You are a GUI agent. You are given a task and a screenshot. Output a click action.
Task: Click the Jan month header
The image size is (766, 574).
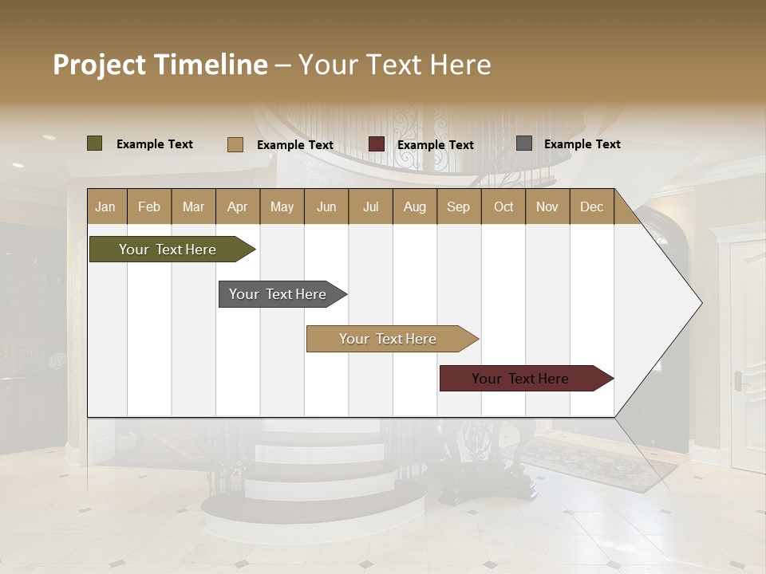click(105, 206)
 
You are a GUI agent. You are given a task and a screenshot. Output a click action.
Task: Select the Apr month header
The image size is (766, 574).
click(237, 206)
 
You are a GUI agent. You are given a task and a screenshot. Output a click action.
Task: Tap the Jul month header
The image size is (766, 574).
click(370, 206)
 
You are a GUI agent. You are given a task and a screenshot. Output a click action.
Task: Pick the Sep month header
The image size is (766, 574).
click(458, 206)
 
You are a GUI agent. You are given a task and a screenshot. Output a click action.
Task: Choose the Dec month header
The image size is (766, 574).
click(591, 206)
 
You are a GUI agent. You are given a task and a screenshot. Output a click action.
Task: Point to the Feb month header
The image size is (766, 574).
click(149, 206)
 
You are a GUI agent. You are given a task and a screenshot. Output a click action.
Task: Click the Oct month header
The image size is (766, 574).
click(503, 206)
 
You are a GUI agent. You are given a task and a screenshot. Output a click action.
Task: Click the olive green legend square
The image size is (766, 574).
click(95, 143)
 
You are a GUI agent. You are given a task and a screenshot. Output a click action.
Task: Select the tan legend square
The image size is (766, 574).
click(235, 144)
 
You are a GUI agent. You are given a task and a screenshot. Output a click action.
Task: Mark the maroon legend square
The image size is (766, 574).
click(377, 144)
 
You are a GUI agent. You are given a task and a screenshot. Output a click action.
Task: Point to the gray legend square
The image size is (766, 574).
click(524, 143)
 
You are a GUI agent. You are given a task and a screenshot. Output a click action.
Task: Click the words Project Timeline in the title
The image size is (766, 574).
click(160, 65)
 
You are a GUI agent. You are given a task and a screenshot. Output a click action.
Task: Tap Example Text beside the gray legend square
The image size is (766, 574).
click(582, 144)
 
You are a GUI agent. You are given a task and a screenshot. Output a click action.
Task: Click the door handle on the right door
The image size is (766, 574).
click(739, 381)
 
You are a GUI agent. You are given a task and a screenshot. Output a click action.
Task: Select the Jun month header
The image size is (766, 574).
click(326, 206)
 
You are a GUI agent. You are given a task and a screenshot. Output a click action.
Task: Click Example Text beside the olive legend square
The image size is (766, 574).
click(155, 144)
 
